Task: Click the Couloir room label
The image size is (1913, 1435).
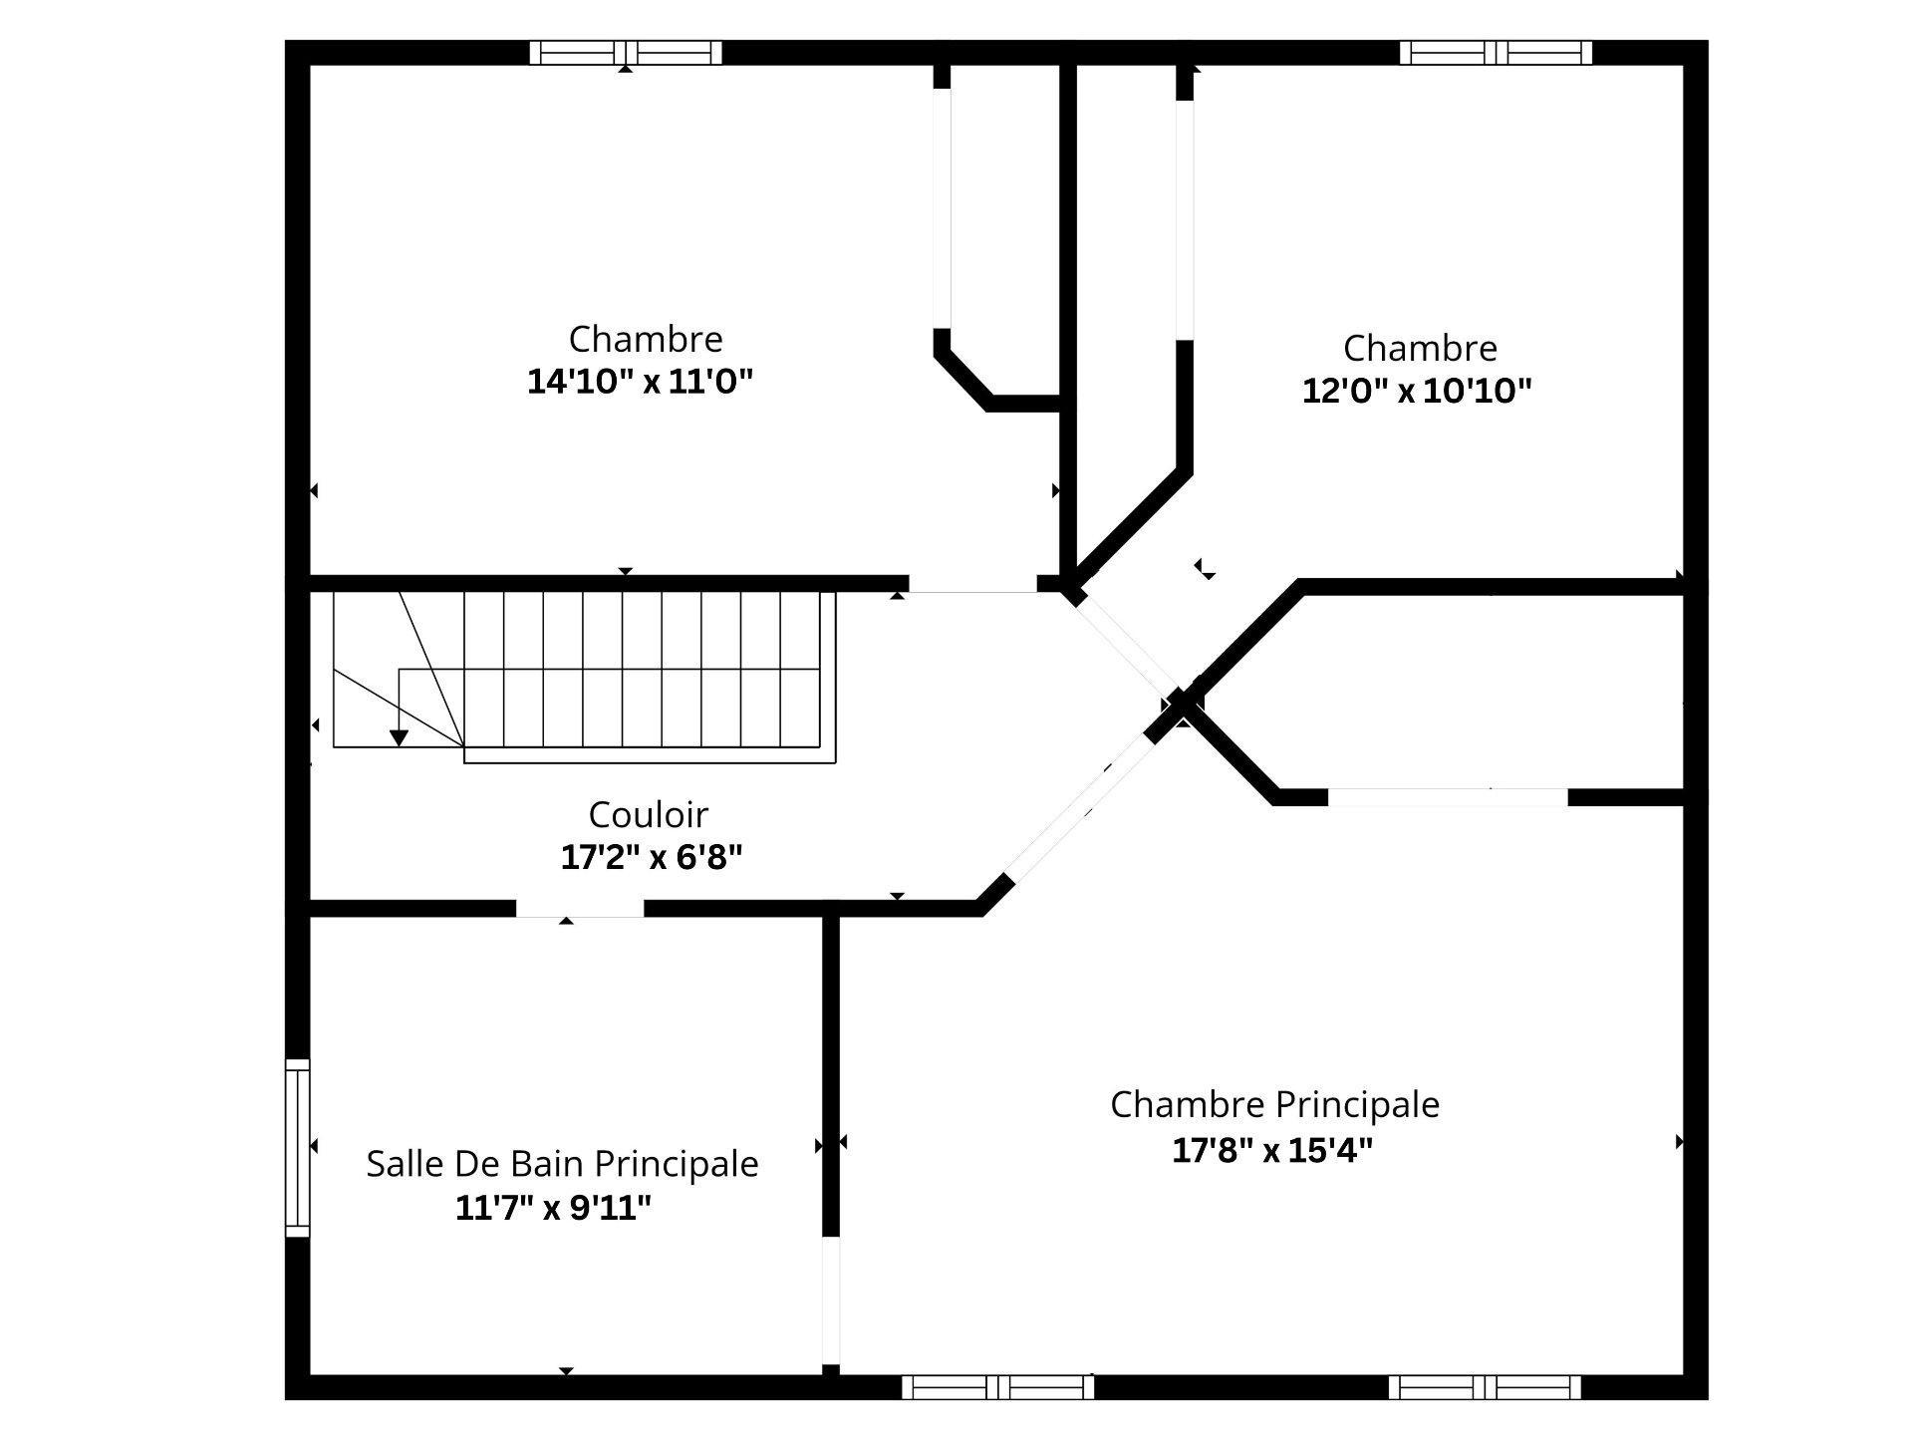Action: coord(648,814)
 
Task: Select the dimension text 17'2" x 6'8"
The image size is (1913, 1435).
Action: coord(652,856)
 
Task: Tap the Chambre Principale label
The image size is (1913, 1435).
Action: coord(1274,1104)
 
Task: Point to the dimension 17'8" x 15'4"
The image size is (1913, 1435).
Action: coord(1272,1150)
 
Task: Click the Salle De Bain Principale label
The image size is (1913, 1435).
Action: coord(562,1163)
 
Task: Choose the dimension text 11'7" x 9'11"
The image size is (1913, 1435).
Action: coord(553,1208)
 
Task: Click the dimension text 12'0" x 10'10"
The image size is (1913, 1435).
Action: coord(1416,390)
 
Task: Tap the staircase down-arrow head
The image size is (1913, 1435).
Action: coord(399,738)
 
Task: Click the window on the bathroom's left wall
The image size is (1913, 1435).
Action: coord(297,1147)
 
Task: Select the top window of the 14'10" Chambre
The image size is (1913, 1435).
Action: coord(625,52)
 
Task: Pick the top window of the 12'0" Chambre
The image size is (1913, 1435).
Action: coord(1495,52)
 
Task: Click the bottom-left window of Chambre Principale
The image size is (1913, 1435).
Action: coord(997,1386)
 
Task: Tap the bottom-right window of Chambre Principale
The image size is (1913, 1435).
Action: coord(1484,1386)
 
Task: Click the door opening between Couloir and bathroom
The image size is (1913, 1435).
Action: coord(579,908)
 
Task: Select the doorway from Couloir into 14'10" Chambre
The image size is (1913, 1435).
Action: coord(971,584)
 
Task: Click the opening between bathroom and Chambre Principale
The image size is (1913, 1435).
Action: coord(830,1299)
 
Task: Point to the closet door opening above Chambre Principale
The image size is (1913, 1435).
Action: coord(1447,797)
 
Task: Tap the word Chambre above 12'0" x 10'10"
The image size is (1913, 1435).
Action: coord(1419,348)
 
